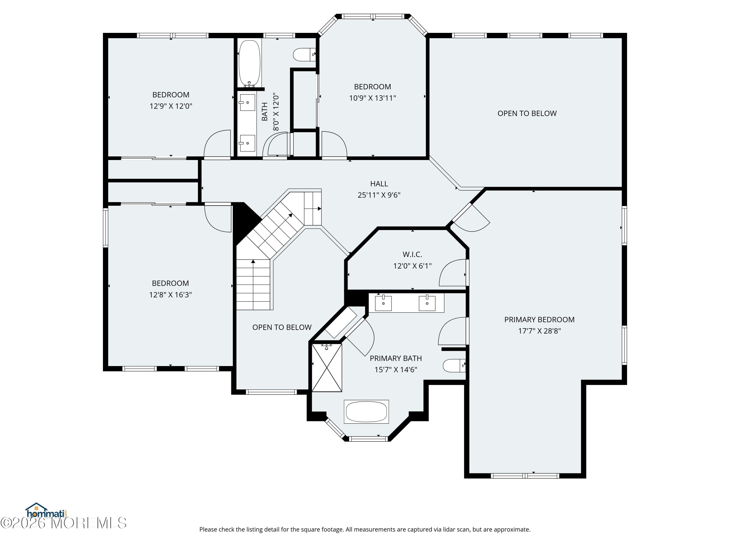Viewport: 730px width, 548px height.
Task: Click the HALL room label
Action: (379, 184)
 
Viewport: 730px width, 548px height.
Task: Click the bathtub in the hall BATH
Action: (249, 63)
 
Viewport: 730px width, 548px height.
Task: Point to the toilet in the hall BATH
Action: (304, 55)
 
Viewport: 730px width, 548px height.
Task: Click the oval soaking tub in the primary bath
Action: (366, 412)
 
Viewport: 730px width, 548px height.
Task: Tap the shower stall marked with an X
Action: (327, 368)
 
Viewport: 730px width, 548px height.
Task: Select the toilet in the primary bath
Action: (453, 366)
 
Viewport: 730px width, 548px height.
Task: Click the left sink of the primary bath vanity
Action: (383, 303)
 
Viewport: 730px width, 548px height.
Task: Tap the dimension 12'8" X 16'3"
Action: (170, 295)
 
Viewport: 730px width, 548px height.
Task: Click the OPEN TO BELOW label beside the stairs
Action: (282, 327)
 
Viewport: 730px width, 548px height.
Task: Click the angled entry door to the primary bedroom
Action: (472, 218)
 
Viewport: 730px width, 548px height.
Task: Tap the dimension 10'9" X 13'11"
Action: (372, 98)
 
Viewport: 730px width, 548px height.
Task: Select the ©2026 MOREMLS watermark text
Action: (63, 523)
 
